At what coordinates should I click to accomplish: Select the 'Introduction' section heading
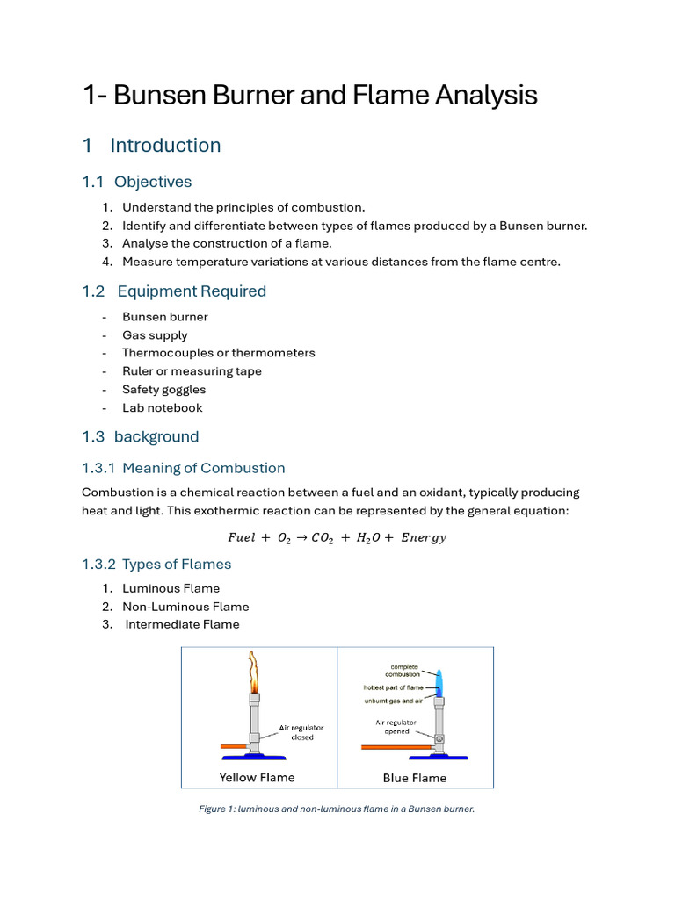click(x=165, y=146)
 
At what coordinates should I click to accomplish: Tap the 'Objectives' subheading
click(x=152, y=182)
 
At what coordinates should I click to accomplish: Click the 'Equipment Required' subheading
click(x=191, y=291)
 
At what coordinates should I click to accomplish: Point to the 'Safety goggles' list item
click(x=164, y=390)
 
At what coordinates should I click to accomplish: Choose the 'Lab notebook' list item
click(x=163, y=407)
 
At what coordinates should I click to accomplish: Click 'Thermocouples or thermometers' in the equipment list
click(x=218, y=353)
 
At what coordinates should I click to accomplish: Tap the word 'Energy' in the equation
click(x=424, y=538)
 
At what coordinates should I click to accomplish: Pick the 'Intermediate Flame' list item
click(x=182, y=624)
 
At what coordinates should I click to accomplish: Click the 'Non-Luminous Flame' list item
click(x=185, y=607)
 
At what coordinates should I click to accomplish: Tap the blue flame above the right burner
click(x=440, y=682)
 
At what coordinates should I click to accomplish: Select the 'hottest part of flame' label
click(x=393, y=687)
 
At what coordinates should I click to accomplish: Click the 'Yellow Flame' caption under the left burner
click(x=257, y=777)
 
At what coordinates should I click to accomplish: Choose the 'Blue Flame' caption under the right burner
click(x=415, y=778)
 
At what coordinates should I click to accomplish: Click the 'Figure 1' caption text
click(x=337, y=809)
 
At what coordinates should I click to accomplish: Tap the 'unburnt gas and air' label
click(x=393, y=701)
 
